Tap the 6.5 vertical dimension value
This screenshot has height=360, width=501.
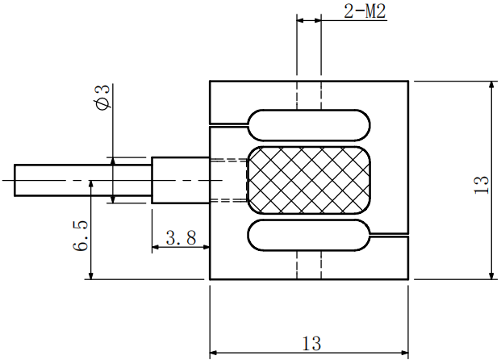point(81,234)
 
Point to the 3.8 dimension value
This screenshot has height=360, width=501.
point(181,237)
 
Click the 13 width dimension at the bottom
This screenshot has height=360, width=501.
point(311,343)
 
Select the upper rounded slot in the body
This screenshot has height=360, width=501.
point(309,125)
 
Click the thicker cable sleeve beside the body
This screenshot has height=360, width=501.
point(180,179)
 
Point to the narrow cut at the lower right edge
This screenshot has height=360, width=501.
point(390,235)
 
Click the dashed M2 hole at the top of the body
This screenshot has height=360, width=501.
point(309,95)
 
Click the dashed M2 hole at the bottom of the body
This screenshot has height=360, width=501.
point(309,266)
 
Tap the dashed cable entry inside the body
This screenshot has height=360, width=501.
point(228,180)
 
